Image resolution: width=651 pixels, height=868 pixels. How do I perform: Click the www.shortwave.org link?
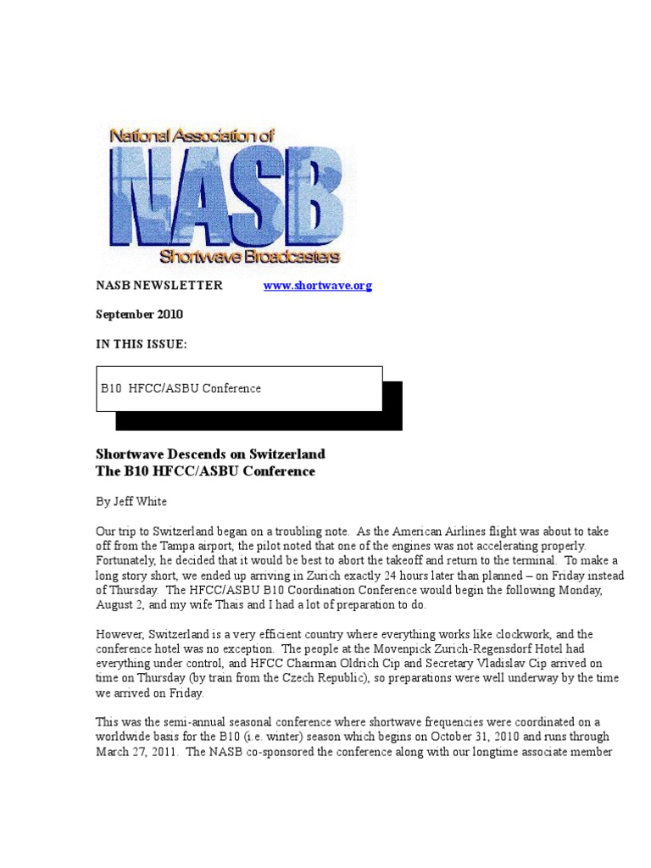(x=318, y=286)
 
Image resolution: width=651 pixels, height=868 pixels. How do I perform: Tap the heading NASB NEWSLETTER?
(x=159, y=286)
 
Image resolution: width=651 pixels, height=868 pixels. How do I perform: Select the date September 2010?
(x=138, y=314)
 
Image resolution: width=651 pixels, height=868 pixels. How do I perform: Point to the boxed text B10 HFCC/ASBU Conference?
(x=181, y=388)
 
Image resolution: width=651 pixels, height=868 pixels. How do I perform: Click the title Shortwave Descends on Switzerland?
(x=210, y=454)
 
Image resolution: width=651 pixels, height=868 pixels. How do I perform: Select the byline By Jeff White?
(x=131, y=502)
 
